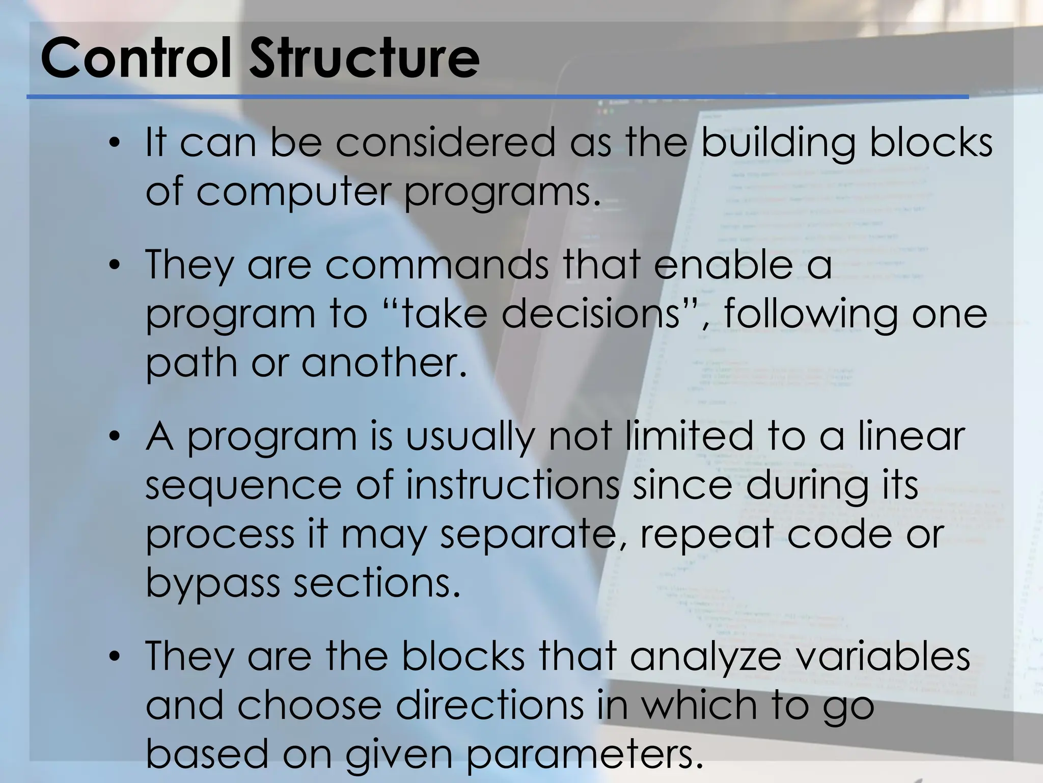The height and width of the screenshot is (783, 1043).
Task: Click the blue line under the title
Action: coord(497,96)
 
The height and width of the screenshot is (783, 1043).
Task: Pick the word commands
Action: coord(437,265)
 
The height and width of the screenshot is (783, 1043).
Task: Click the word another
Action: coord(384,363)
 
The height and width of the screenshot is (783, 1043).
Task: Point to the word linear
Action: coord(912,436)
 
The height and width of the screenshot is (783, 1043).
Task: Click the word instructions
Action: coord(512,485)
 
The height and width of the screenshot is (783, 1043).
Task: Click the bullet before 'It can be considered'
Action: coord(116,143)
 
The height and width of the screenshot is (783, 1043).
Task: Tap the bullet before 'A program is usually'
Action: coord(116,437)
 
